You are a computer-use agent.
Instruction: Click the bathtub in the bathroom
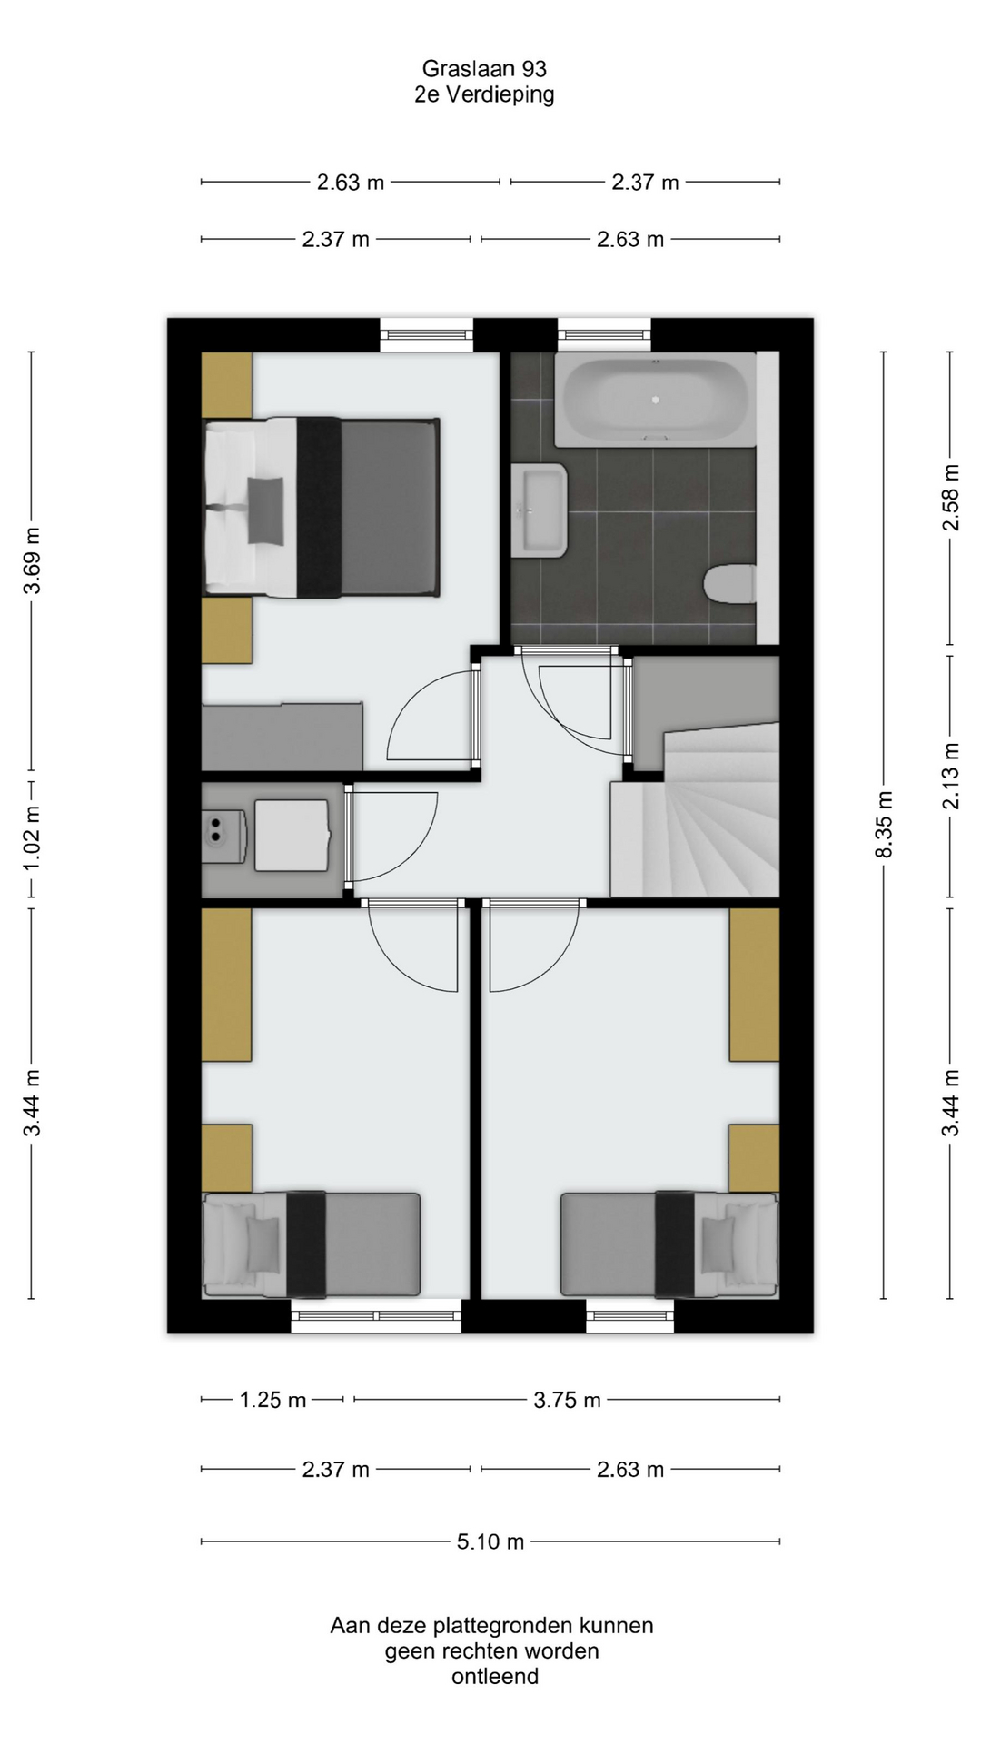[x=655, y=400]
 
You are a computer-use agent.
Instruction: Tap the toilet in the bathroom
[x=730, y=584]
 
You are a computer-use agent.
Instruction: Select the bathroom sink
[x=540, y=510]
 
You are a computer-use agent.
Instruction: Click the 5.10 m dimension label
[x=490, y=1541]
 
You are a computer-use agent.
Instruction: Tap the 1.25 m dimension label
[x=272, y=1400]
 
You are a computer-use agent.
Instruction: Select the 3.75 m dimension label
[x=567, y=1400]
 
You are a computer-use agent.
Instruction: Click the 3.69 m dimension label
[x=32, y=560]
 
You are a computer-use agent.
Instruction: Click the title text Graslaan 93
[x=484, y=69]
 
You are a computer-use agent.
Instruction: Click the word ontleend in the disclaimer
[x=495, y=1676]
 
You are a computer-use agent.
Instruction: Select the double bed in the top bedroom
[x=322, y=507]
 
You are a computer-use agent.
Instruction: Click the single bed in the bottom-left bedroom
[x=311, y=1244]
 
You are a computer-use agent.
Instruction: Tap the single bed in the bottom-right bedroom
[x=669, y=1244]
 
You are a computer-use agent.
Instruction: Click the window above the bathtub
[x=604, y=334]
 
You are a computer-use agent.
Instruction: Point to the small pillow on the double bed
[x=264, y=510]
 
